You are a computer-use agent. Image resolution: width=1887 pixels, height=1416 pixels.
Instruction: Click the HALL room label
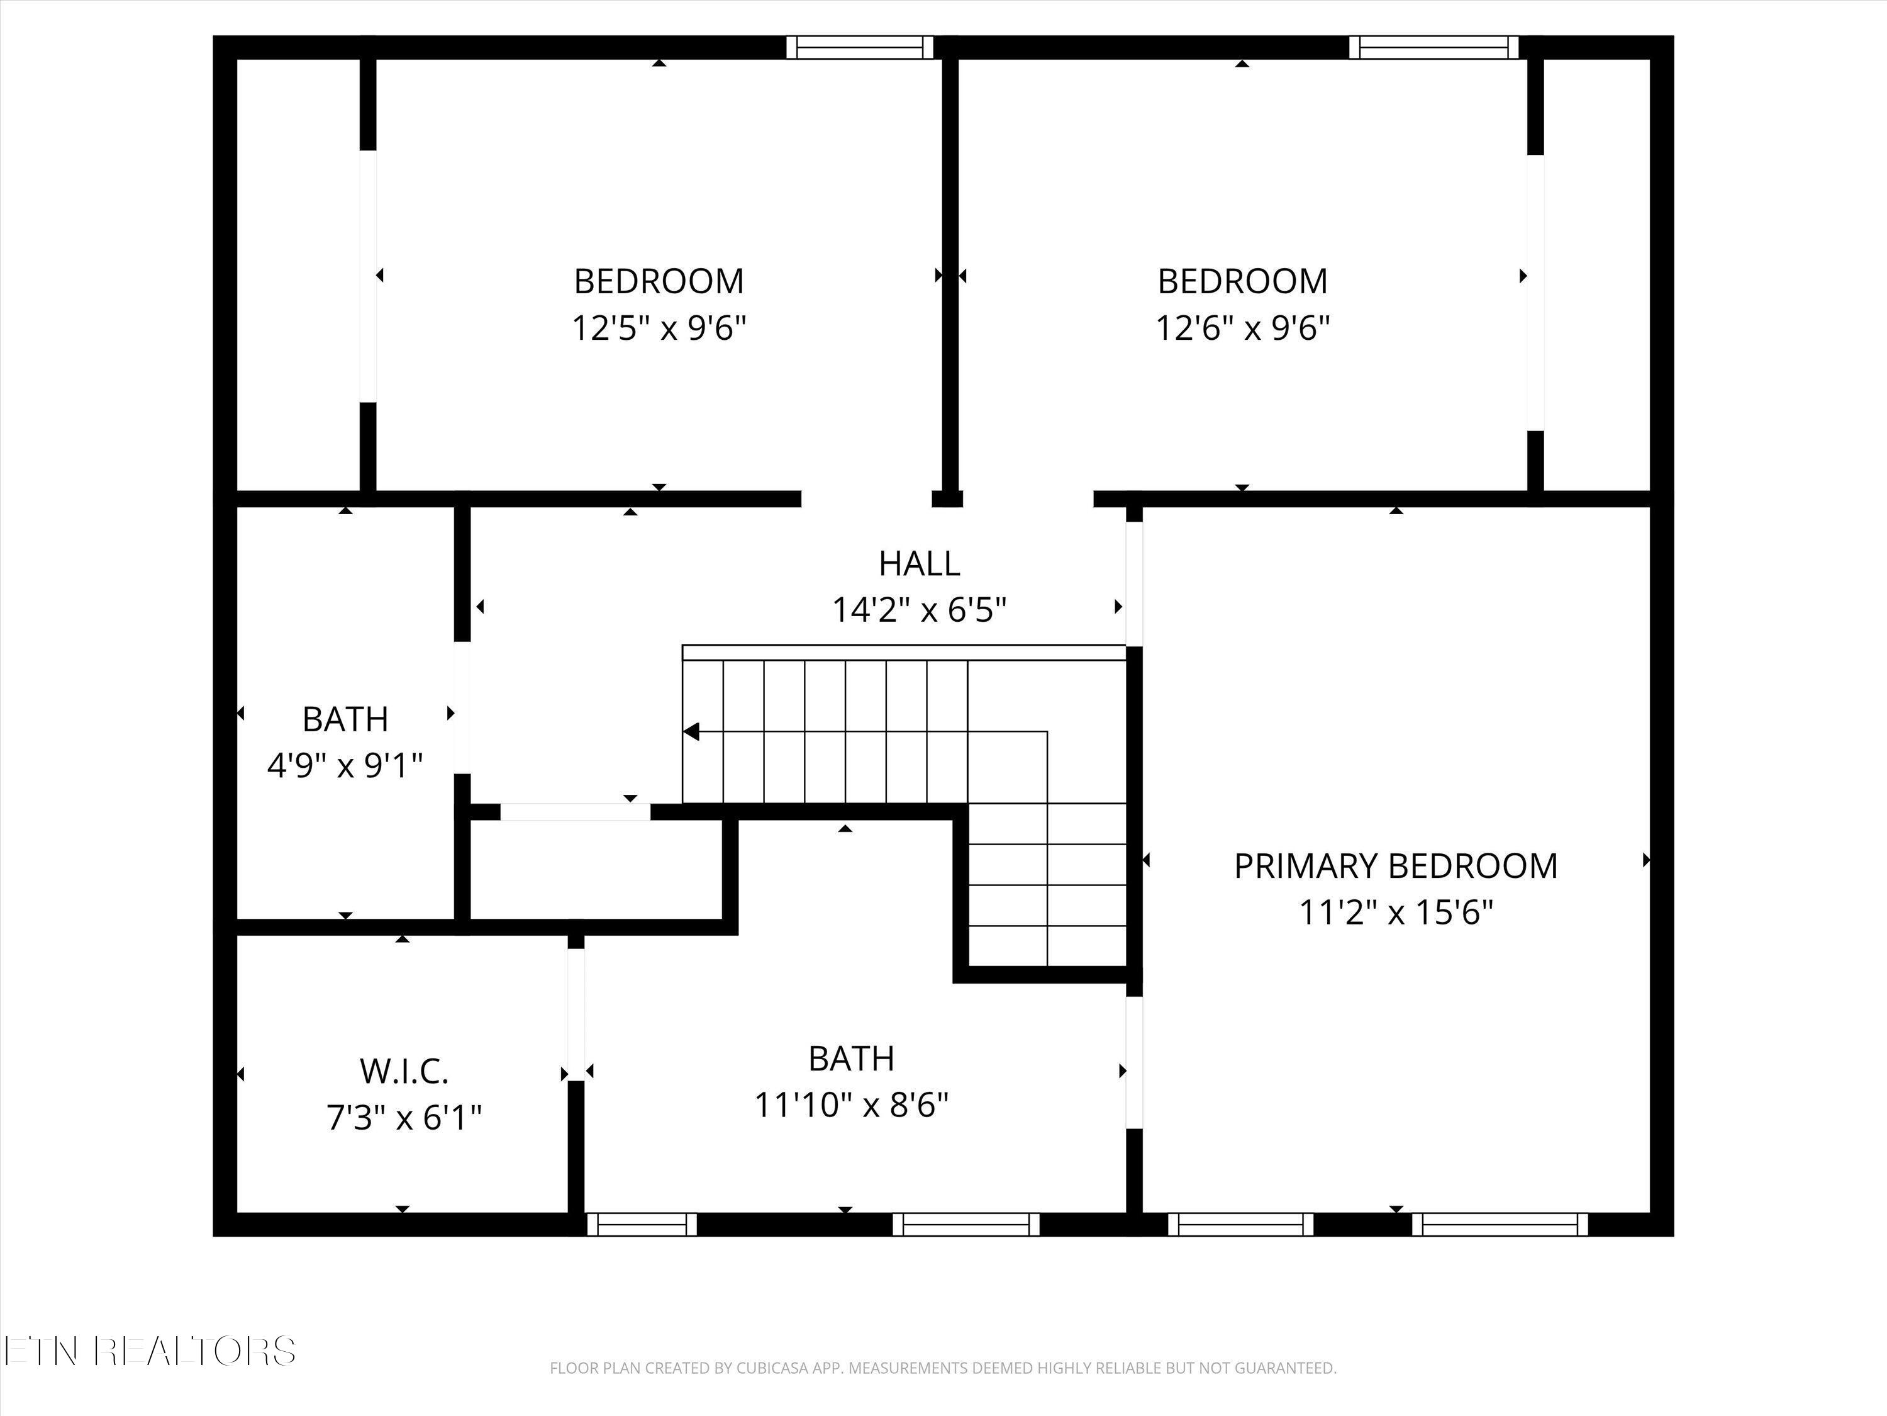(x=919, y=563)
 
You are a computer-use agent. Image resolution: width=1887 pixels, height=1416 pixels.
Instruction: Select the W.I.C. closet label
(x=404, y=1070)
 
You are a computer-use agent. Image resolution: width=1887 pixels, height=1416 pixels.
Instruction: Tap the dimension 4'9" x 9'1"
(x=345, y=766)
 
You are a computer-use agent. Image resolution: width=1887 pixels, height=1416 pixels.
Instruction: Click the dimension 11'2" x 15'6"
(x=1396, y=913)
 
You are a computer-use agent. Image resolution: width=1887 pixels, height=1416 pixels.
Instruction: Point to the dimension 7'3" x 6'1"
(x=404, y=1117)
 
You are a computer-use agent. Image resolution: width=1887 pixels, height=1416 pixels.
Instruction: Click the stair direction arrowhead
(x=692, y=731)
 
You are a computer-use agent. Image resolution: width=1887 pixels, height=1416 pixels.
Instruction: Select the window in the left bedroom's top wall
(x=859, y=47)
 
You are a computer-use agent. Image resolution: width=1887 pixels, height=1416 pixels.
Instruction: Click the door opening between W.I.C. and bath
(x=576, y=1014)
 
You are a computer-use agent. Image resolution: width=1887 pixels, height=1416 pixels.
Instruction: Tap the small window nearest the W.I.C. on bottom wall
(x=642, y=1225)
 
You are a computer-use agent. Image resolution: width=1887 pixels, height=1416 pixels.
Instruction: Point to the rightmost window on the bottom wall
(x=1500, y=1225)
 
